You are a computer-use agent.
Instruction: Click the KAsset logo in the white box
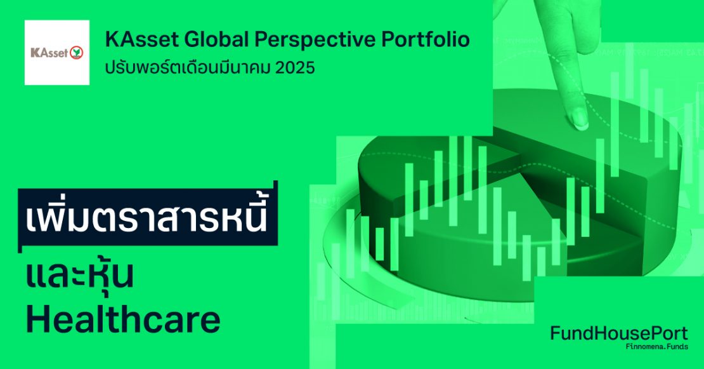click(57, 53)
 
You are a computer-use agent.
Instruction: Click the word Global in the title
click(214, 40)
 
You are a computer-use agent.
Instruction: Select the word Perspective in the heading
click(315, 40)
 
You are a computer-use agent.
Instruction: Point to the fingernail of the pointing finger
click(579, 118)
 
